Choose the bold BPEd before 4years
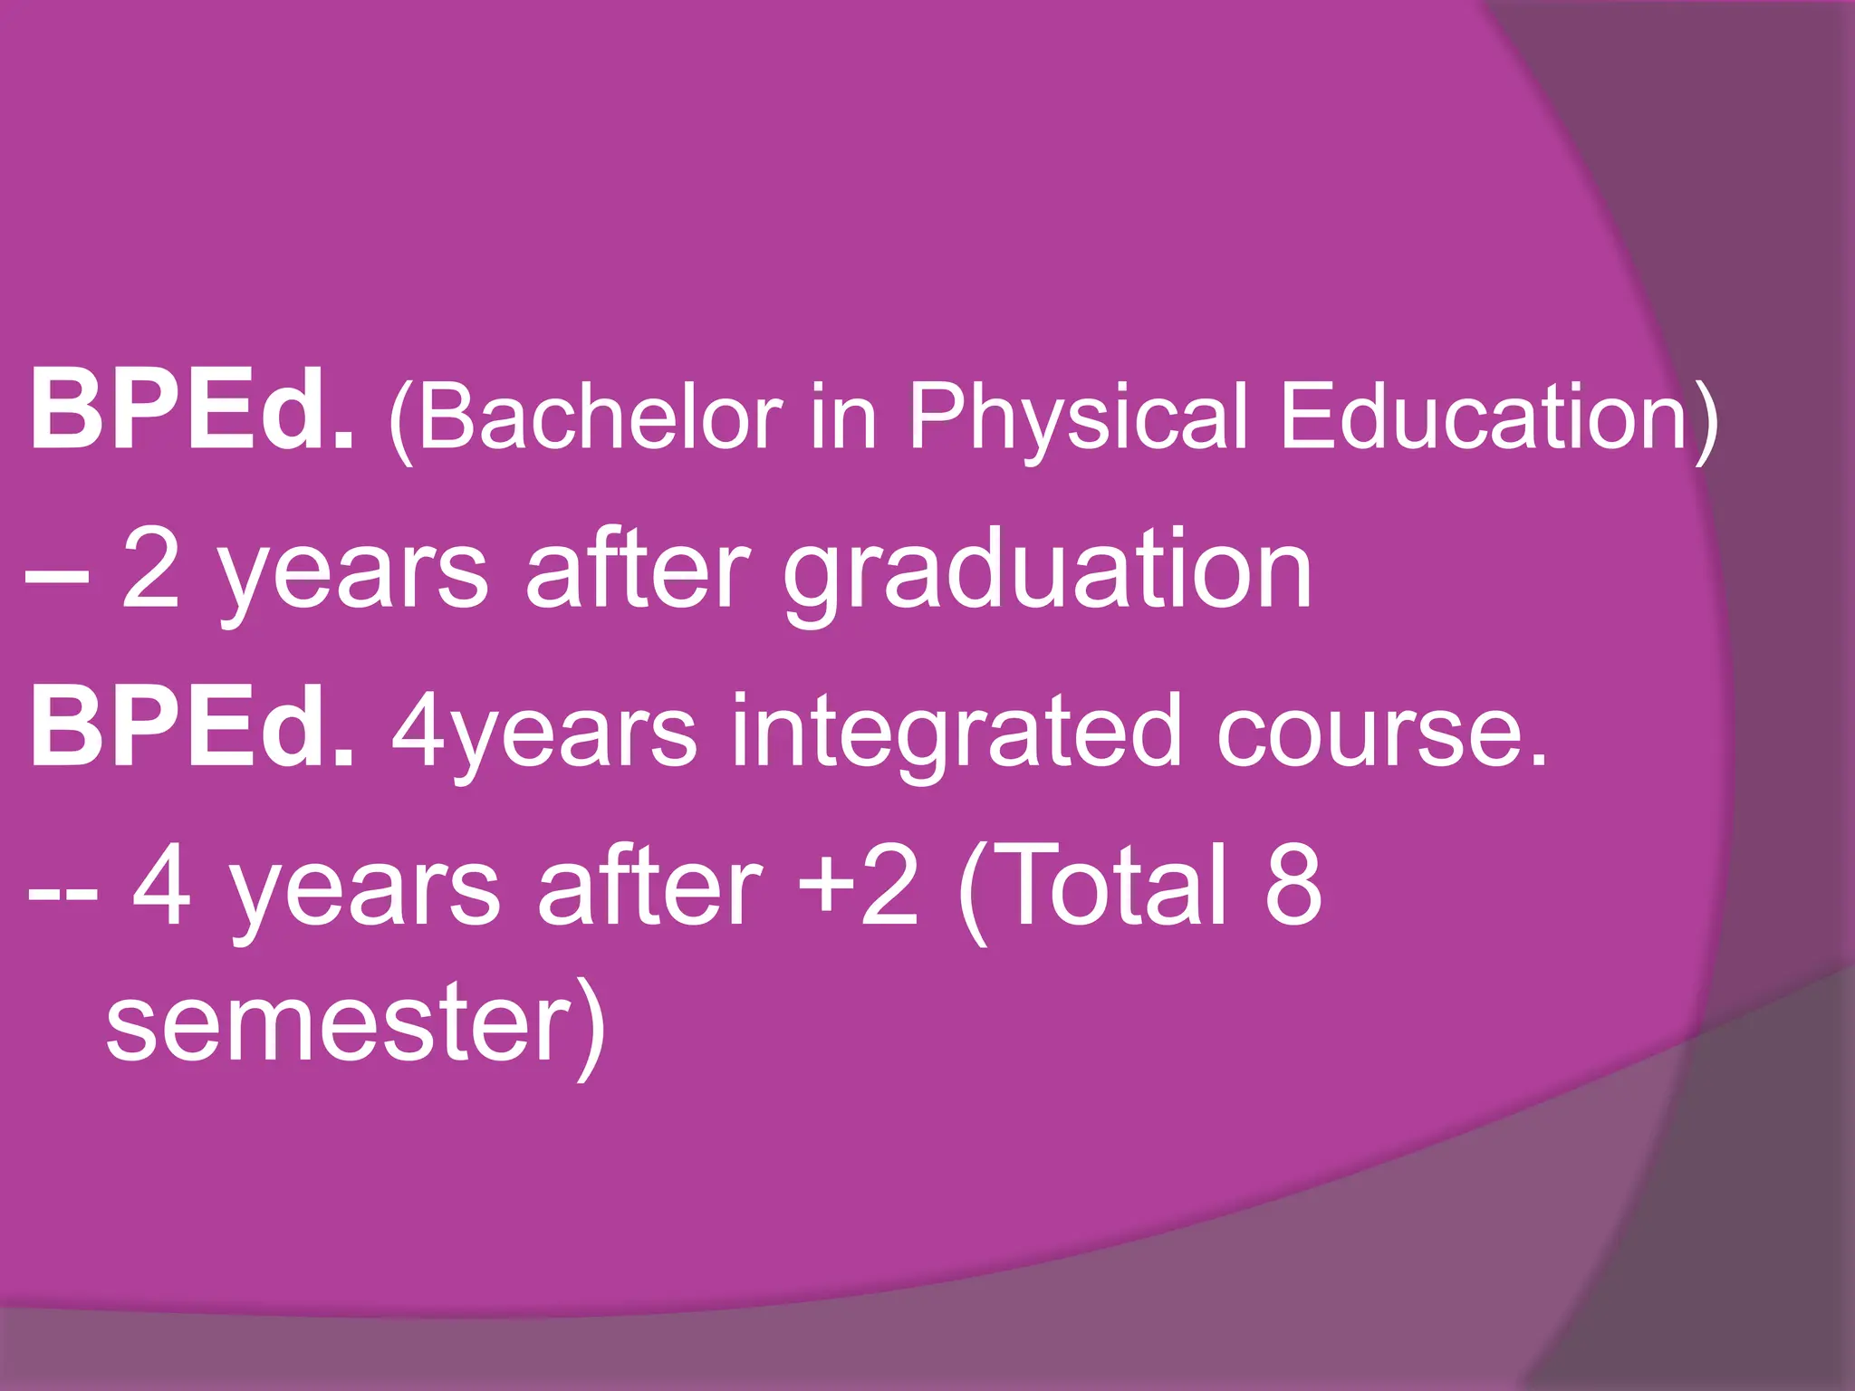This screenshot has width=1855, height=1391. pyautogui.click(x=191, y=729)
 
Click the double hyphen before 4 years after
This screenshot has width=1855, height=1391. pyautogui.click(x=62, y=892)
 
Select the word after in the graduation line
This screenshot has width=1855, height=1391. pyautogui.click(x=638, y=570)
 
